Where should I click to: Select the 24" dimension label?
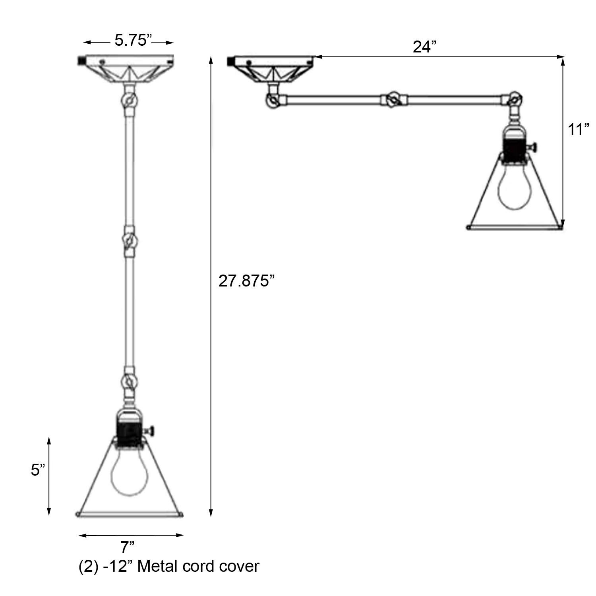click(x=425, y=47)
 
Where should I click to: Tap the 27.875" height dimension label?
click(x=246, y=281)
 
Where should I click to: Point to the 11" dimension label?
click(x=578, y=130)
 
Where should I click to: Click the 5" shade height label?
click(x=38, y=470)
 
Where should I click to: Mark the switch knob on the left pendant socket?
click(x=153, y=430)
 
